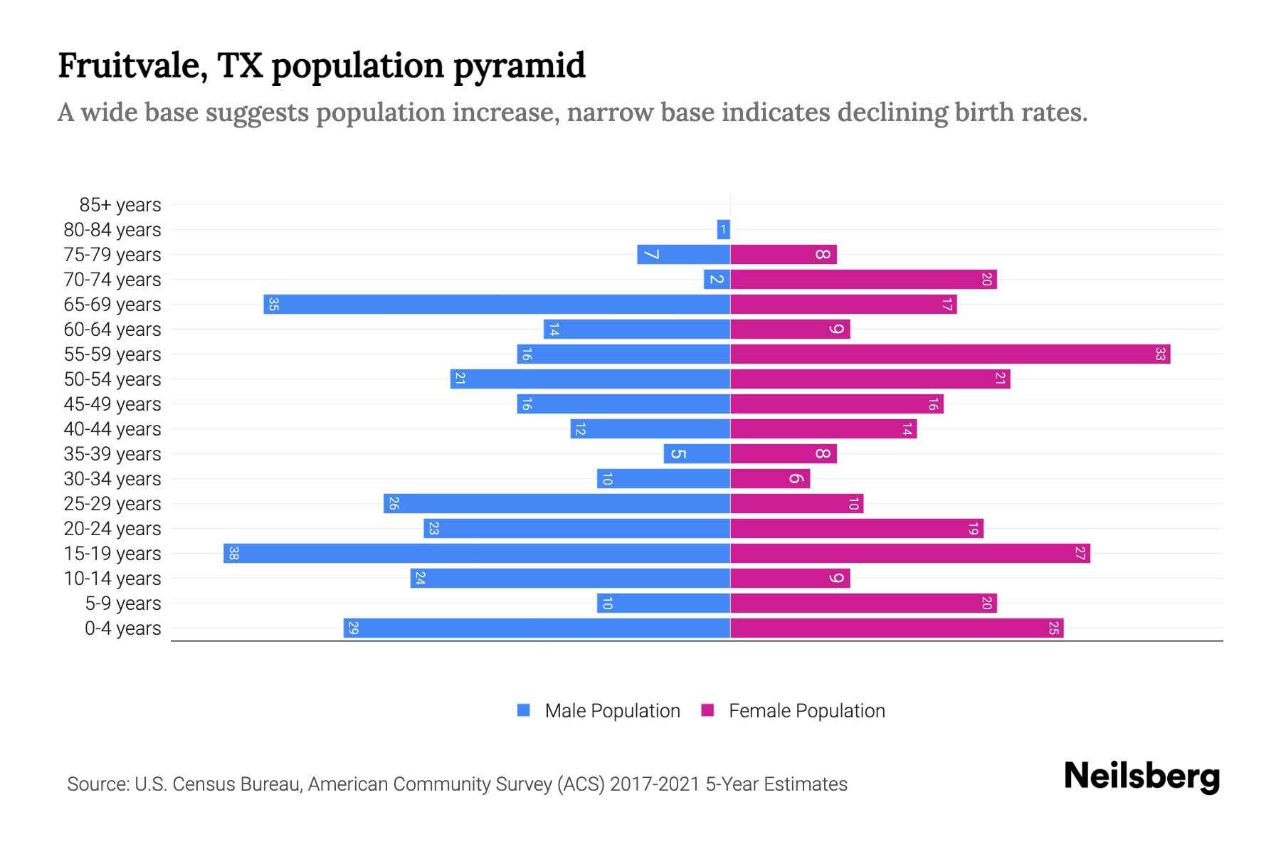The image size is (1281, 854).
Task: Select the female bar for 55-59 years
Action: click(x=950, y=354)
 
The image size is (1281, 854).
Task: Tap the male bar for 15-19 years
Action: click(x=477, y=554)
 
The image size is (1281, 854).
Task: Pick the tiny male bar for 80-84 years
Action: click(x=724, y=230)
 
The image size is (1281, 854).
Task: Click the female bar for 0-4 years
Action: click(x=897, y=628)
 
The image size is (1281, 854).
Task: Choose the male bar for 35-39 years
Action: click(x=697, y=454)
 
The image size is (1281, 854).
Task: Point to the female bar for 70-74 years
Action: click(x=863, y=280)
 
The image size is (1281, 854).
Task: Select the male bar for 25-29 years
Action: click(x=557, y=504)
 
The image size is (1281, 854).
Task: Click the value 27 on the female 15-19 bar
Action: click(x=1080, y=554)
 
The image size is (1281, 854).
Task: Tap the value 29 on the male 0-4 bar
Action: click(x=354, y=628)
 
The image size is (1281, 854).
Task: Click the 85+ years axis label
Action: click(x=120, y=205)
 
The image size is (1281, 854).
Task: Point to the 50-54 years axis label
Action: click(x=112, y=379)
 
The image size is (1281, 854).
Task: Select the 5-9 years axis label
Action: click(x=123, y=603)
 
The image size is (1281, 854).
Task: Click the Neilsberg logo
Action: click(x=1142, y=776)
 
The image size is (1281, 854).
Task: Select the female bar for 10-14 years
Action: click(x=790, y=579)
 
